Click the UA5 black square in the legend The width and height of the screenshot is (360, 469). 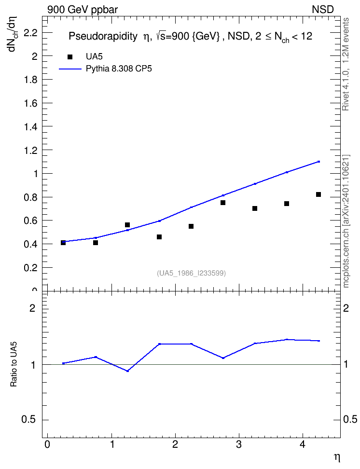70,57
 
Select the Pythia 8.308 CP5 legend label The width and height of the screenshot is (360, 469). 119,69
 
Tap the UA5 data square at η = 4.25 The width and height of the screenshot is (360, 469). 318,194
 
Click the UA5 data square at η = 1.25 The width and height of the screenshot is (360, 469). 127,225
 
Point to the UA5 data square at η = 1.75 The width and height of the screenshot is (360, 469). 159,237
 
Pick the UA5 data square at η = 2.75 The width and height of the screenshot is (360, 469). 223,203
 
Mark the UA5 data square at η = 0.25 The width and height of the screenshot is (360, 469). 63,243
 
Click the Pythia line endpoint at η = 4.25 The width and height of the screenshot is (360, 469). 318,162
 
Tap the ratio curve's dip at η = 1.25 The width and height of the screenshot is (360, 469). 127,371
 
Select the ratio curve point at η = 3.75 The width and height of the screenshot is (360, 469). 287,340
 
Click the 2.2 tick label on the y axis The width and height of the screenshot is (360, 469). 30,33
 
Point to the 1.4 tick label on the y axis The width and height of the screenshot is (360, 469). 30,126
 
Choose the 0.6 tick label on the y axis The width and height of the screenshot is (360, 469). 30,221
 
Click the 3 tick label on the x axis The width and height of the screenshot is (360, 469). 239,444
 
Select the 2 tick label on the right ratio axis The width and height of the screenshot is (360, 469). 346,308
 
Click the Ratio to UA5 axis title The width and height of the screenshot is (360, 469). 14,364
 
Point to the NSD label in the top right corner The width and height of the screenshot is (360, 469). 322,10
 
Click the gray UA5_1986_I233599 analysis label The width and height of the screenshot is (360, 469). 191,273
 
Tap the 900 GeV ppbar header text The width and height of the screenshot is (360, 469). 83,10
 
